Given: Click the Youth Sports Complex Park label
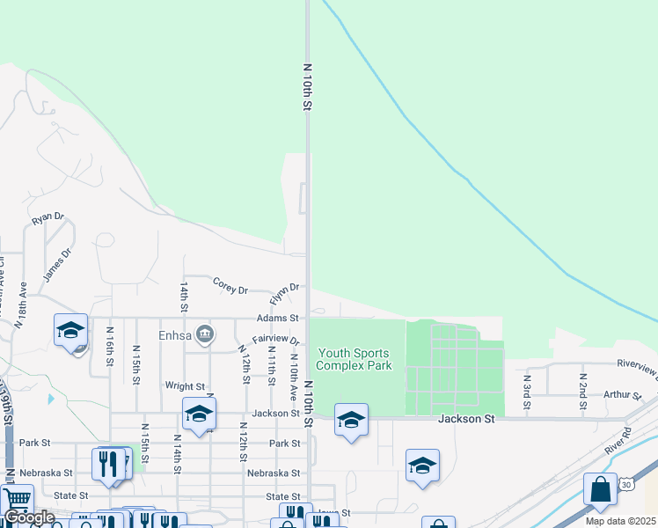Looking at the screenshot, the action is (x=354, y=359).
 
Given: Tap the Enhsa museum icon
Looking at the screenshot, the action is (x=205, y=334).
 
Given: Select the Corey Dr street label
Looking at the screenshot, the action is (x=231, y=284).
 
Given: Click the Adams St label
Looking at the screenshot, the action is (x=278, y=318).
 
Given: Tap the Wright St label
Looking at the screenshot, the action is (x=185, y=386).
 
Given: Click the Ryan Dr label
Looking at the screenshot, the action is (x=48, y=217).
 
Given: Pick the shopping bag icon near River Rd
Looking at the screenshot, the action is (x=600, y=490).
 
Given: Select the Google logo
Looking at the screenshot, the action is (x=29, y=518).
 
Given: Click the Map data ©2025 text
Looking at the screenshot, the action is (x=621, y=521).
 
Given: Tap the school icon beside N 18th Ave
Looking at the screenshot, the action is (x=70, y=330).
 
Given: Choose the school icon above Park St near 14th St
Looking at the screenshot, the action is (x=200, y=414).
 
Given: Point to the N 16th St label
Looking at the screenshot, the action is (x=110, y=342).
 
